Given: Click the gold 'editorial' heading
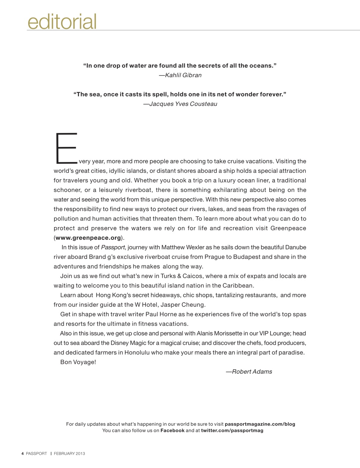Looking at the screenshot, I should click(x=62, y=22).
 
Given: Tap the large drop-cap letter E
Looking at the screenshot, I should click(x=66, y=148).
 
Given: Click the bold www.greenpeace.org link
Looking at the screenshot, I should click(x=88, y=238).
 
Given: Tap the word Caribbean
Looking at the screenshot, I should click(x=238, y=286).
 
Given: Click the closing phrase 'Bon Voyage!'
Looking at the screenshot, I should click(x=78, y=362).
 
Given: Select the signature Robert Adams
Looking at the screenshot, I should click(x=252, y=372).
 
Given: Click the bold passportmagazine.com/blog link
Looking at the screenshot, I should click(x=260, y=424).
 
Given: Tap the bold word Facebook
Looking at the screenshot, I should click(x=173, y=430).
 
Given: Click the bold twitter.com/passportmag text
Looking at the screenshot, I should click(x=232, y=430).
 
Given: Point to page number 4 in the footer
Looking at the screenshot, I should click(x=23, y=454).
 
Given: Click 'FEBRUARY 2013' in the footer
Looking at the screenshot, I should click(x=69, y=454).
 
